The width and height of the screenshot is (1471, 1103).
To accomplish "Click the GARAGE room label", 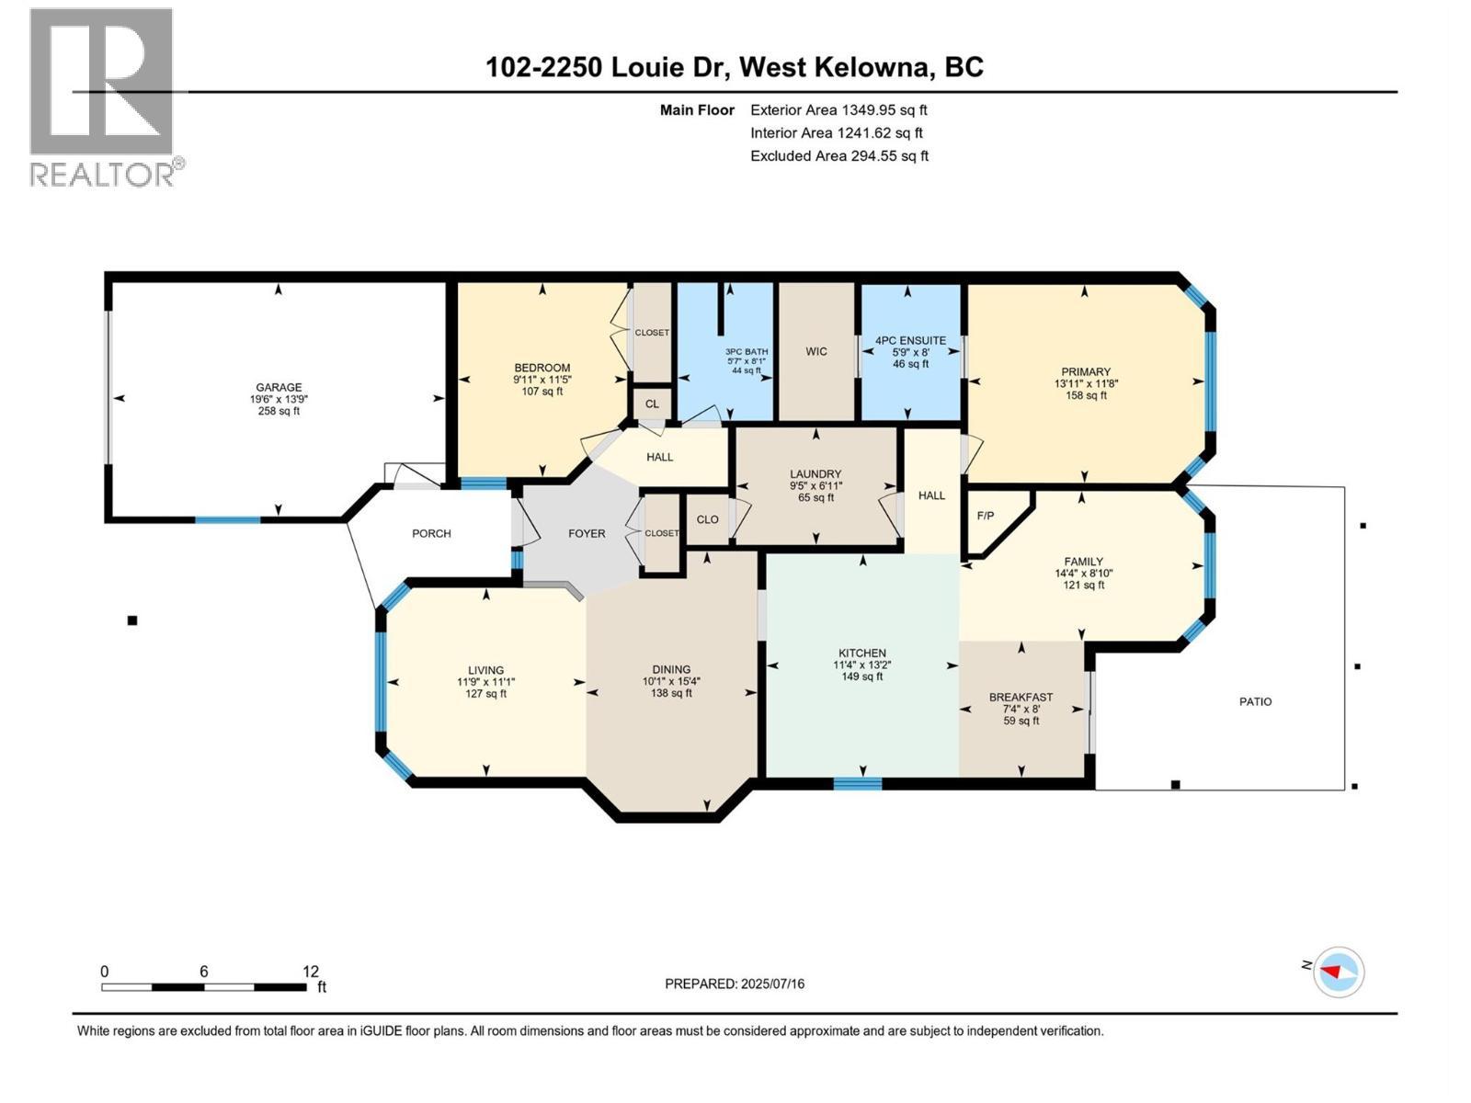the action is tap(279, 387).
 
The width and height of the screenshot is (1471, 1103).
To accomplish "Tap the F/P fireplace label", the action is tap(986, 516).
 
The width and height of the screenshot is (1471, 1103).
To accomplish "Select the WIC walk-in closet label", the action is tap(816, 352).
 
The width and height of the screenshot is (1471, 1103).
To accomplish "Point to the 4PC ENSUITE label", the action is tap(911, 340).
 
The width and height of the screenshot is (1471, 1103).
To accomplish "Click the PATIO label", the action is tap(1255, 702).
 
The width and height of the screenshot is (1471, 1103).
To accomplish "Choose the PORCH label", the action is tap(431, 534).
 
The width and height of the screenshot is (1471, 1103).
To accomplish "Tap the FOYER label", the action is tap(587, 534).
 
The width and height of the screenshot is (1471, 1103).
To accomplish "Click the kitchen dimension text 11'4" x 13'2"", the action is tap(861, 665).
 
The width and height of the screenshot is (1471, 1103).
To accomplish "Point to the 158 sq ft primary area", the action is tap(1086, 396).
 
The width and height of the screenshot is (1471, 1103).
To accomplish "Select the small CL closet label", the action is tap(652, 404).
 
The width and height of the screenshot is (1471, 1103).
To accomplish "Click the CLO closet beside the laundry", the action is tap(707, 519).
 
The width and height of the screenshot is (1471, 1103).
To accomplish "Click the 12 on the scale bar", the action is tap(310, 972).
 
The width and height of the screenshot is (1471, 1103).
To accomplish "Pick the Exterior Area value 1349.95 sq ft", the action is tap(884, 109).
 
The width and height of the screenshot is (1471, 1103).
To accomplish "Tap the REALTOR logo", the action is tap(106, 97).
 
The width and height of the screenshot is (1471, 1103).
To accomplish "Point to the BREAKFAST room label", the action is tap(1021, 697).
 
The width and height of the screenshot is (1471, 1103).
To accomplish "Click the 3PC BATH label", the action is tap(747, 352).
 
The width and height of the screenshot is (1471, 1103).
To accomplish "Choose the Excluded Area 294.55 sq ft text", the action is tap(839, 156).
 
